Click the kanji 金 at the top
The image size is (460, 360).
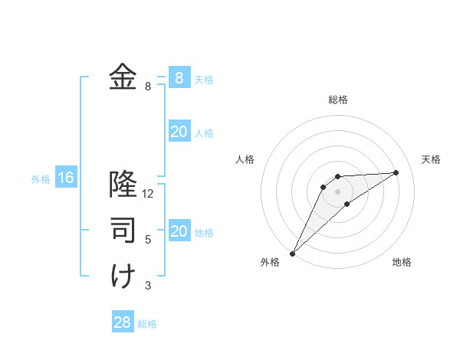pyautogui.click(x=123, y=77)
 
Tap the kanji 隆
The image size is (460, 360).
pyautogui.click(x=123, y=185)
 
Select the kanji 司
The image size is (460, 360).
pyautogui.click(x=123, y=230)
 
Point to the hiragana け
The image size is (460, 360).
pyautogui.click(x=123, y=276)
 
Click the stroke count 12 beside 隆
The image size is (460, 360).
pyautogui.click(x=148, y=194)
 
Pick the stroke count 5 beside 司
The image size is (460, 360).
pyautogui.click(x=148, y=240)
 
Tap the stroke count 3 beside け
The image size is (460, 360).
pyautogui.click(x=148, y=286)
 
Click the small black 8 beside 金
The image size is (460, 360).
pyautogui.click(x=148, y=87)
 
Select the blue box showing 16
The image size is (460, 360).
pyautogui.click(x=66, y=178)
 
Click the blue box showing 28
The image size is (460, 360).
pyautogui.click(x=123, y=322)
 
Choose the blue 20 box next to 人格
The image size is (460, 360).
pyautogui.click(x=179, y=132)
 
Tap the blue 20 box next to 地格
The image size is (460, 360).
pyautogui.click(x=179, y=231)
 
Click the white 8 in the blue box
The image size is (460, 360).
pyautogui.click(x=179, y=77)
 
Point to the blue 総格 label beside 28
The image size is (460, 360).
pyautogui.click(x=147, y=324)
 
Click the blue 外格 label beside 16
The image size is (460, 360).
pyautogui.click(x=41, y=179)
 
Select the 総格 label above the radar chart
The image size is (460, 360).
pyautogui.click(x=337, y=100)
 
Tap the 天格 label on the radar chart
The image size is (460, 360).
pyautogui.click(x=431, y=159)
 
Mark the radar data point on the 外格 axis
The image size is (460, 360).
pyautogui.click(x=292, y=254)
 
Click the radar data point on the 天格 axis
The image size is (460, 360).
pyautogui.click(x=396, y=172)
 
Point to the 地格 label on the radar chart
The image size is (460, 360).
pyautogui.click(x=402, y=262)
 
